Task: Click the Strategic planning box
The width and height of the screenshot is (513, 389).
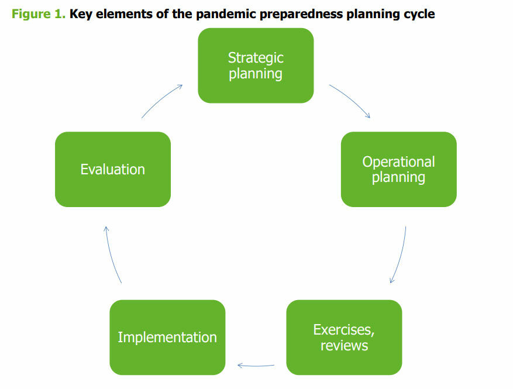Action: [256, 66]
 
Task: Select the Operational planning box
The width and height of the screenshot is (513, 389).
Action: [398, 169]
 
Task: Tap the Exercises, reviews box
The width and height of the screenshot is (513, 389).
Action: [344, 337]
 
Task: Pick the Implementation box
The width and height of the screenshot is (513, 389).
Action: [167, 337]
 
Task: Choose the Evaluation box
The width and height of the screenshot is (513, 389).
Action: [113, 169]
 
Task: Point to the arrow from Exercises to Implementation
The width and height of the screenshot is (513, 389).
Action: [256, 366]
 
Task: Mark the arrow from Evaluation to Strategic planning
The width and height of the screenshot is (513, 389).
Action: [161, 100]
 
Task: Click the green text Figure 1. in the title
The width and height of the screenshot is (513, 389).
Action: [38, 14]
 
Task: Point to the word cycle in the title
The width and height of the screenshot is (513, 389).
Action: [418, 14]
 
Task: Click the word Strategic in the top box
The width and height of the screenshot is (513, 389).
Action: [256, 58]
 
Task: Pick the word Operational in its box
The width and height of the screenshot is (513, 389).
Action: [398, 161]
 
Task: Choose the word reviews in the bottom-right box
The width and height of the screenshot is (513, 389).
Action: [344, 345]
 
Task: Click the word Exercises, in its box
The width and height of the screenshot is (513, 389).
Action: [344, 329]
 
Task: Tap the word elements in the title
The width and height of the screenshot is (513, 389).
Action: [118, 14]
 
